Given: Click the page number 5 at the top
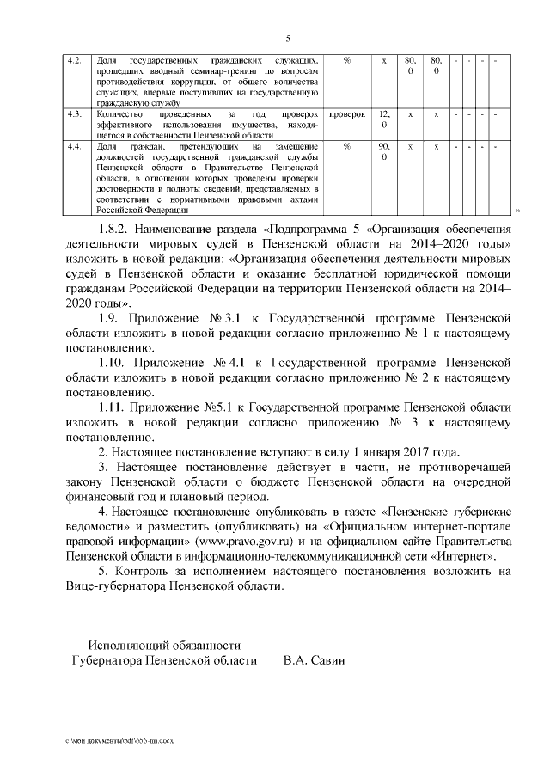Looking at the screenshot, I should (288, 39).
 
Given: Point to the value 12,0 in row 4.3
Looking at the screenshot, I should (384, 119).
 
